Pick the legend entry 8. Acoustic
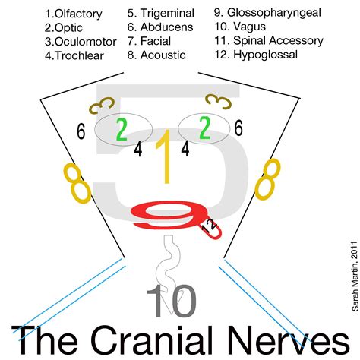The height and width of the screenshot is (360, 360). tap(159, 55)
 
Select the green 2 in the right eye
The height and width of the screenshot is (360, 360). tap(204, 127)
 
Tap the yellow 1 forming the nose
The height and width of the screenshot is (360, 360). tap(163, 155)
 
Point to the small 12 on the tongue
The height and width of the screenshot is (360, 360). tap(207, 226)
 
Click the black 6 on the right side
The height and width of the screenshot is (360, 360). tap(238, 129)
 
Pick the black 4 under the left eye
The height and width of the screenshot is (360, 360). tap(137, 150)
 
